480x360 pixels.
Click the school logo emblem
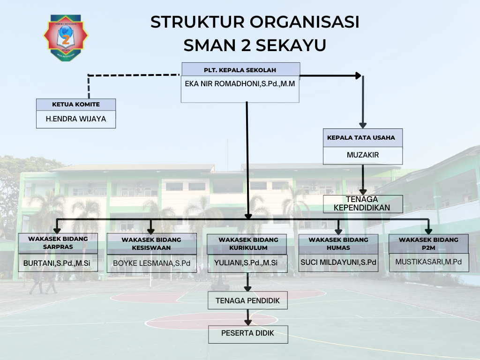[66, 37]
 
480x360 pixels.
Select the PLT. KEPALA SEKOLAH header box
[240, 69]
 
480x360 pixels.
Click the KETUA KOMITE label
[76, 105]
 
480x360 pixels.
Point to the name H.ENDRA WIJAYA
[76, 119]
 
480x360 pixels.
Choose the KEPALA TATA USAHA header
[362, 138]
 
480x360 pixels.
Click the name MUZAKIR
[362, 155]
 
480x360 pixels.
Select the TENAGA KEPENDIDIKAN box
[362, 204]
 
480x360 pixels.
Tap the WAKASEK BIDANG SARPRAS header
[58, 243]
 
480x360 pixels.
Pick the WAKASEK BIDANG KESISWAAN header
[151, 243]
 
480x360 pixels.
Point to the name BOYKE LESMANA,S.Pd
[151, 263]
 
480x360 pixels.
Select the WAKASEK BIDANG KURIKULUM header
[247, 244]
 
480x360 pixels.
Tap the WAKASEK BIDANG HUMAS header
[338, 244]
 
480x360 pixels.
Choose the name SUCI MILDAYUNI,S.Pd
[338, 263]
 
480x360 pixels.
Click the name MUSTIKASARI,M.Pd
[428, 262]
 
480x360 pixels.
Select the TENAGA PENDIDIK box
[247, 300]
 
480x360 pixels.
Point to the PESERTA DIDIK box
[247, 334]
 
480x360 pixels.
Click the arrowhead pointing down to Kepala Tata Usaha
[362, 125]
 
